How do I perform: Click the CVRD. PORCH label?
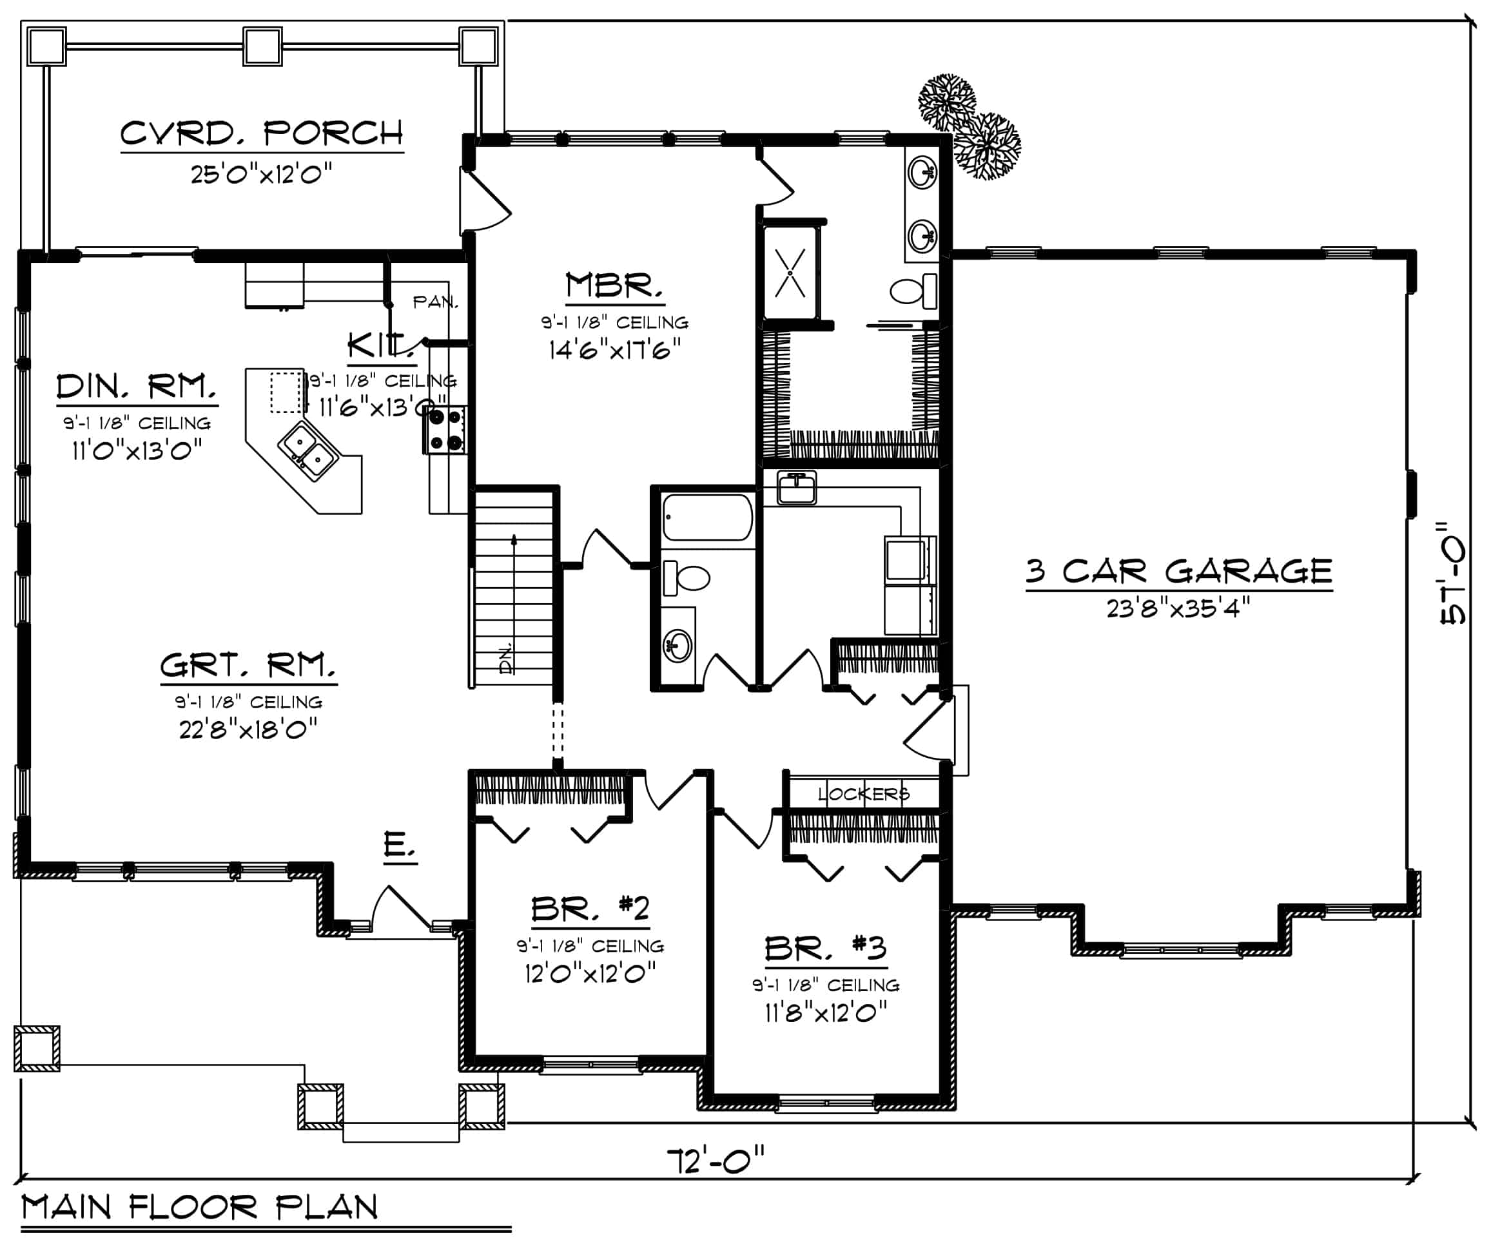(261, 133)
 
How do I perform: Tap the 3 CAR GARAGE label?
(1178, 570)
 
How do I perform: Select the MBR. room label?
(615, 285)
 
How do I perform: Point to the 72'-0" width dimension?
(716, 1161)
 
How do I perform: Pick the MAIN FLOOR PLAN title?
(200, 1207)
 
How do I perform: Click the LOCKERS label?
(863, 793)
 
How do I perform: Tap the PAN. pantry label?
(435, 302)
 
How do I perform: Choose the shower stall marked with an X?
(790, 273)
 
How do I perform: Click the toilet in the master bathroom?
(914, 290)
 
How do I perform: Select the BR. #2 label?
(590, 908)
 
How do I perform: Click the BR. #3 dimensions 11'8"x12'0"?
(826, 1011)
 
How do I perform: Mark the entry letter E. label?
(400, 846)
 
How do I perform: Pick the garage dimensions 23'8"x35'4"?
(1178, 608)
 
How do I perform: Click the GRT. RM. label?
(248, 666)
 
